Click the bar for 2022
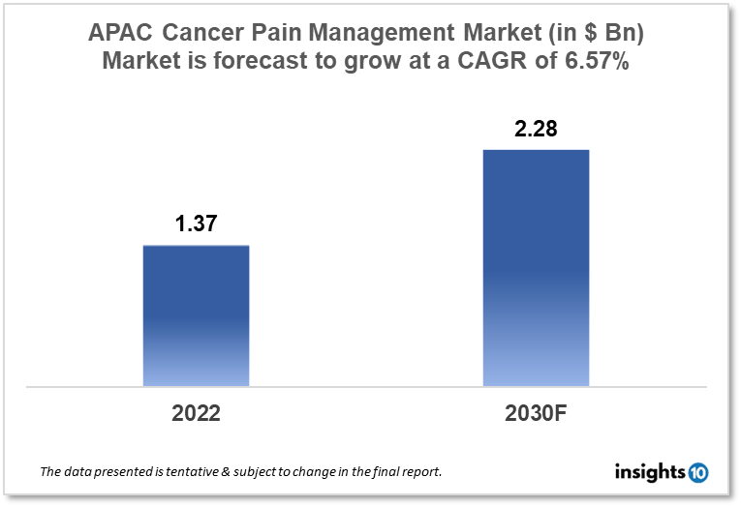coord(196,315)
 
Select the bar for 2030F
coord(536,268)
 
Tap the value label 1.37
coord(196,224)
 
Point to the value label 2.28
coord(536,129)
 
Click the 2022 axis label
coord(196,413)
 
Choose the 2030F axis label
coord(536,413)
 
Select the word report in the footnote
coord(419,473)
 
